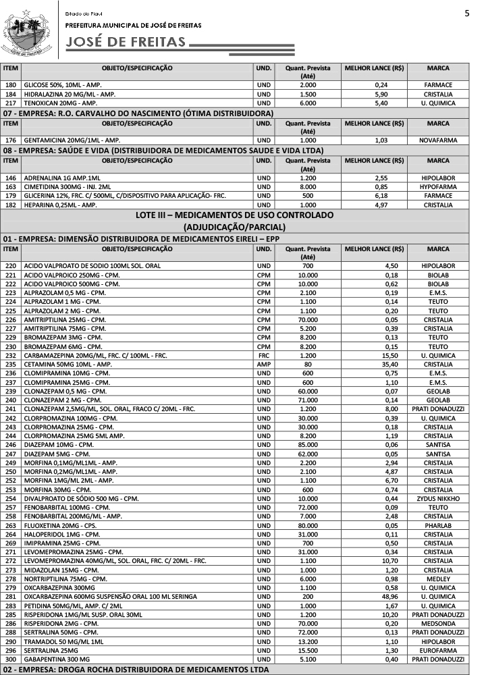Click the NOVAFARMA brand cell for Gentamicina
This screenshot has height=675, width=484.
click(x=438, y=140)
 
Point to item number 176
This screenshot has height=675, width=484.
click(x=10, y=140)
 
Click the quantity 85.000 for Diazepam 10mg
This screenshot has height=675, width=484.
click(x=308, y=445)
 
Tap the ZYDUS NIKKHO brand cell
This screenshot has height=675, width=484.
click(x=438, y=498)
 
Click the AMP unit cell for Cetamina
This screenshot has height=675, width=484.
click(x=263, y=364)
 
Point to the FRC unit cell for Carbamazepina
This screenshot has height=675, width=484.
click(x=263, y=355)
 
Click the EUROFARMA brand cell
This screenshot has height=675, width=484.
click(x=438, y=650)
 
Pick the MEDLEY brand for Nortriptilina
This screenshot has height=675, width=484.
click(x=438, y=578)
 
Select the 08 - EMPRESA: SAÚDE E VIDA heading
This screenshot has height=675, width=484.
click(x=162, y=150)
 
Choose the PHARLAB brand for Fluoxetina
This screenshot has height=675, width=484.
click(x=438, y=525)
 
